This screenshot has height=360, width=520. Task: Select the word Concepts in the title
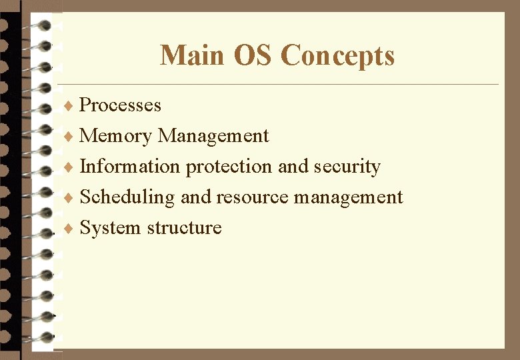coord(338,55)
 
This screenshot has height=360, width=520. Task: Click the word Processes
coord(120,105)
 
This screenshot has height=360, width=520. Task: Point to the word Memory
coord(115,136)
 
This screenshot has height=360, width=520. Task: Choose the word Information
coord(130,166)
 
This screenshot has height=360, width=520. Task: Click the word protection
coord(229,167)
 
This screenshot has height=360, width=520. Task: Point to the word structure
coord(184,228)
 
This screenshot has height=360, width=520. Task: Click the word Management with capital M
coord(213,137)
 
